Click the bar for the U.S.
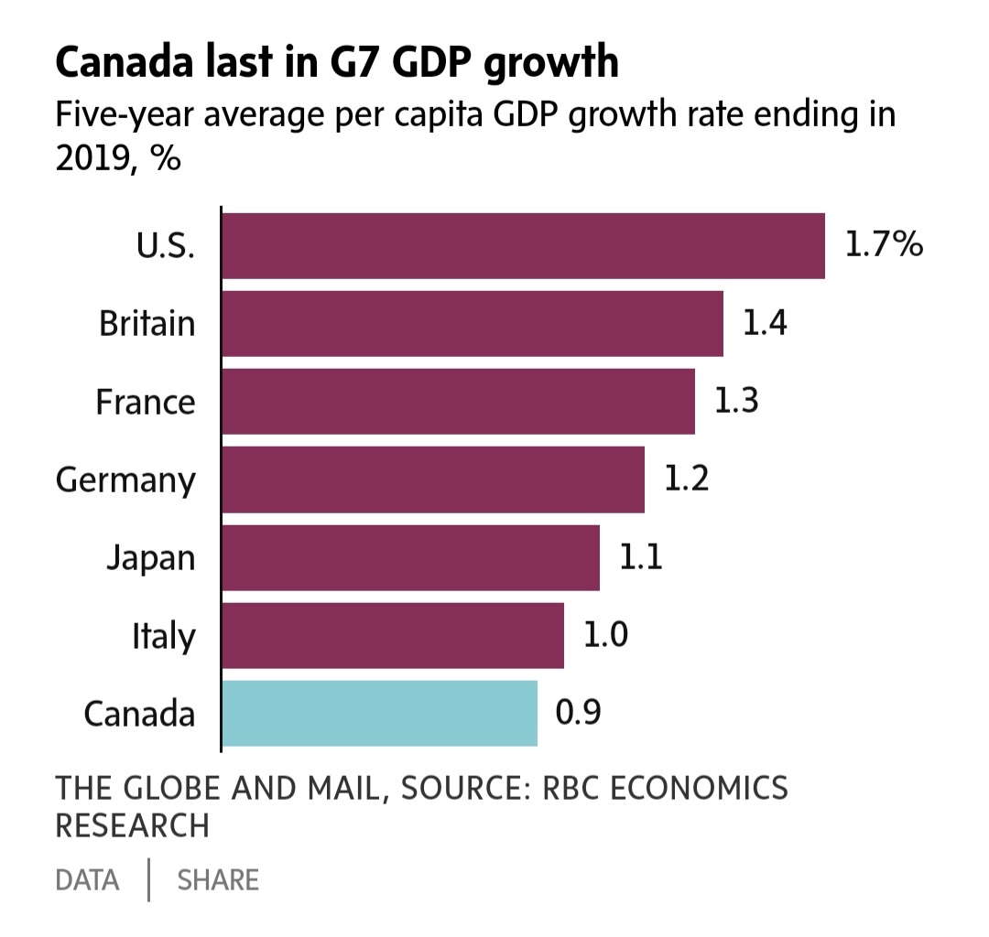click(524, 246)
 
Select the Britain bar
click(473, 323)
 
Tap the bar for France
click(459, 402)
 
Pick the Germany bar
click(433, 479)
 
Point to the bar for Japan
click(410, 557)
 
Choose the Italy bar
click(393, 635)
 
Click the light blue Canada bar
click(380, 714)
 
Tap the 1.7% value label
click(884, 244)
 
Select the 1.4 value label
click(765, 323)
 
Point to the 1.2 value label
click(686, 479)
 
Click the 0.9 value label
click(579, 712)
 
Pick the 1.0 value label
click(605, 634)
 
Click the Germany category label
click(125, 481)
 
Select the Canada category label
click(139, 714)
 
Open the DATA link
click(87, 880)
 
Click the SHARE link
click(218, 880)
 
